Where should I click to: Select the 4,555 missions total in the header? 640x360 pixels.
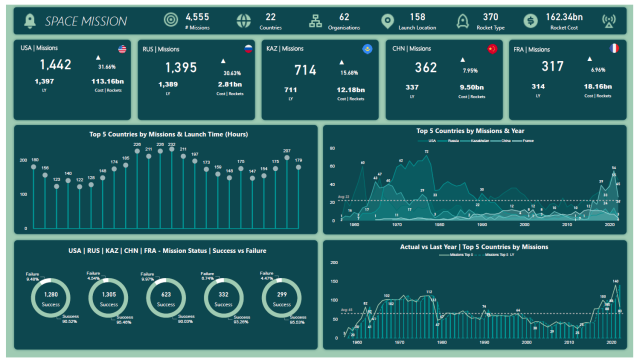tap(197, 16)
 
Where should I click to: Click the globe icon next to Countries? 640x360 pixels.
tap(245, 20)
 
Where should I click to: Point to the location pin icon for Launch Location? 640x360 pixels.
tap(388, 20)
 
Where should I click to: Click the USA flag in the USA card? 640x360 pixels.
tap(122, 49)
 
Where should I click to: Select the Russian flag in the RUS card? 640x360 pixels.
tap(247, 49)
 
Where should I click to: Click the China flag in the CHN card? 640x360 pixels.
tap(492, 49)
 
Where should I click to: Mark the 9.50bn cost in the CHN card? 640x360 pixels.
tap(473, 87)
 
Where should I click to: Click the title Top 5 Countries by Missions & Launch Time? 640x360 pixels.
tap(161, 134)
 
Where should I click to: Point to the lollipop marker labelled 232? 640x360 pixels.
tap(171, 150)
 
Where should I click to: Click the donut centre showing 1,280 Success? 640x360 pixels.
tap(52, 297)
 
